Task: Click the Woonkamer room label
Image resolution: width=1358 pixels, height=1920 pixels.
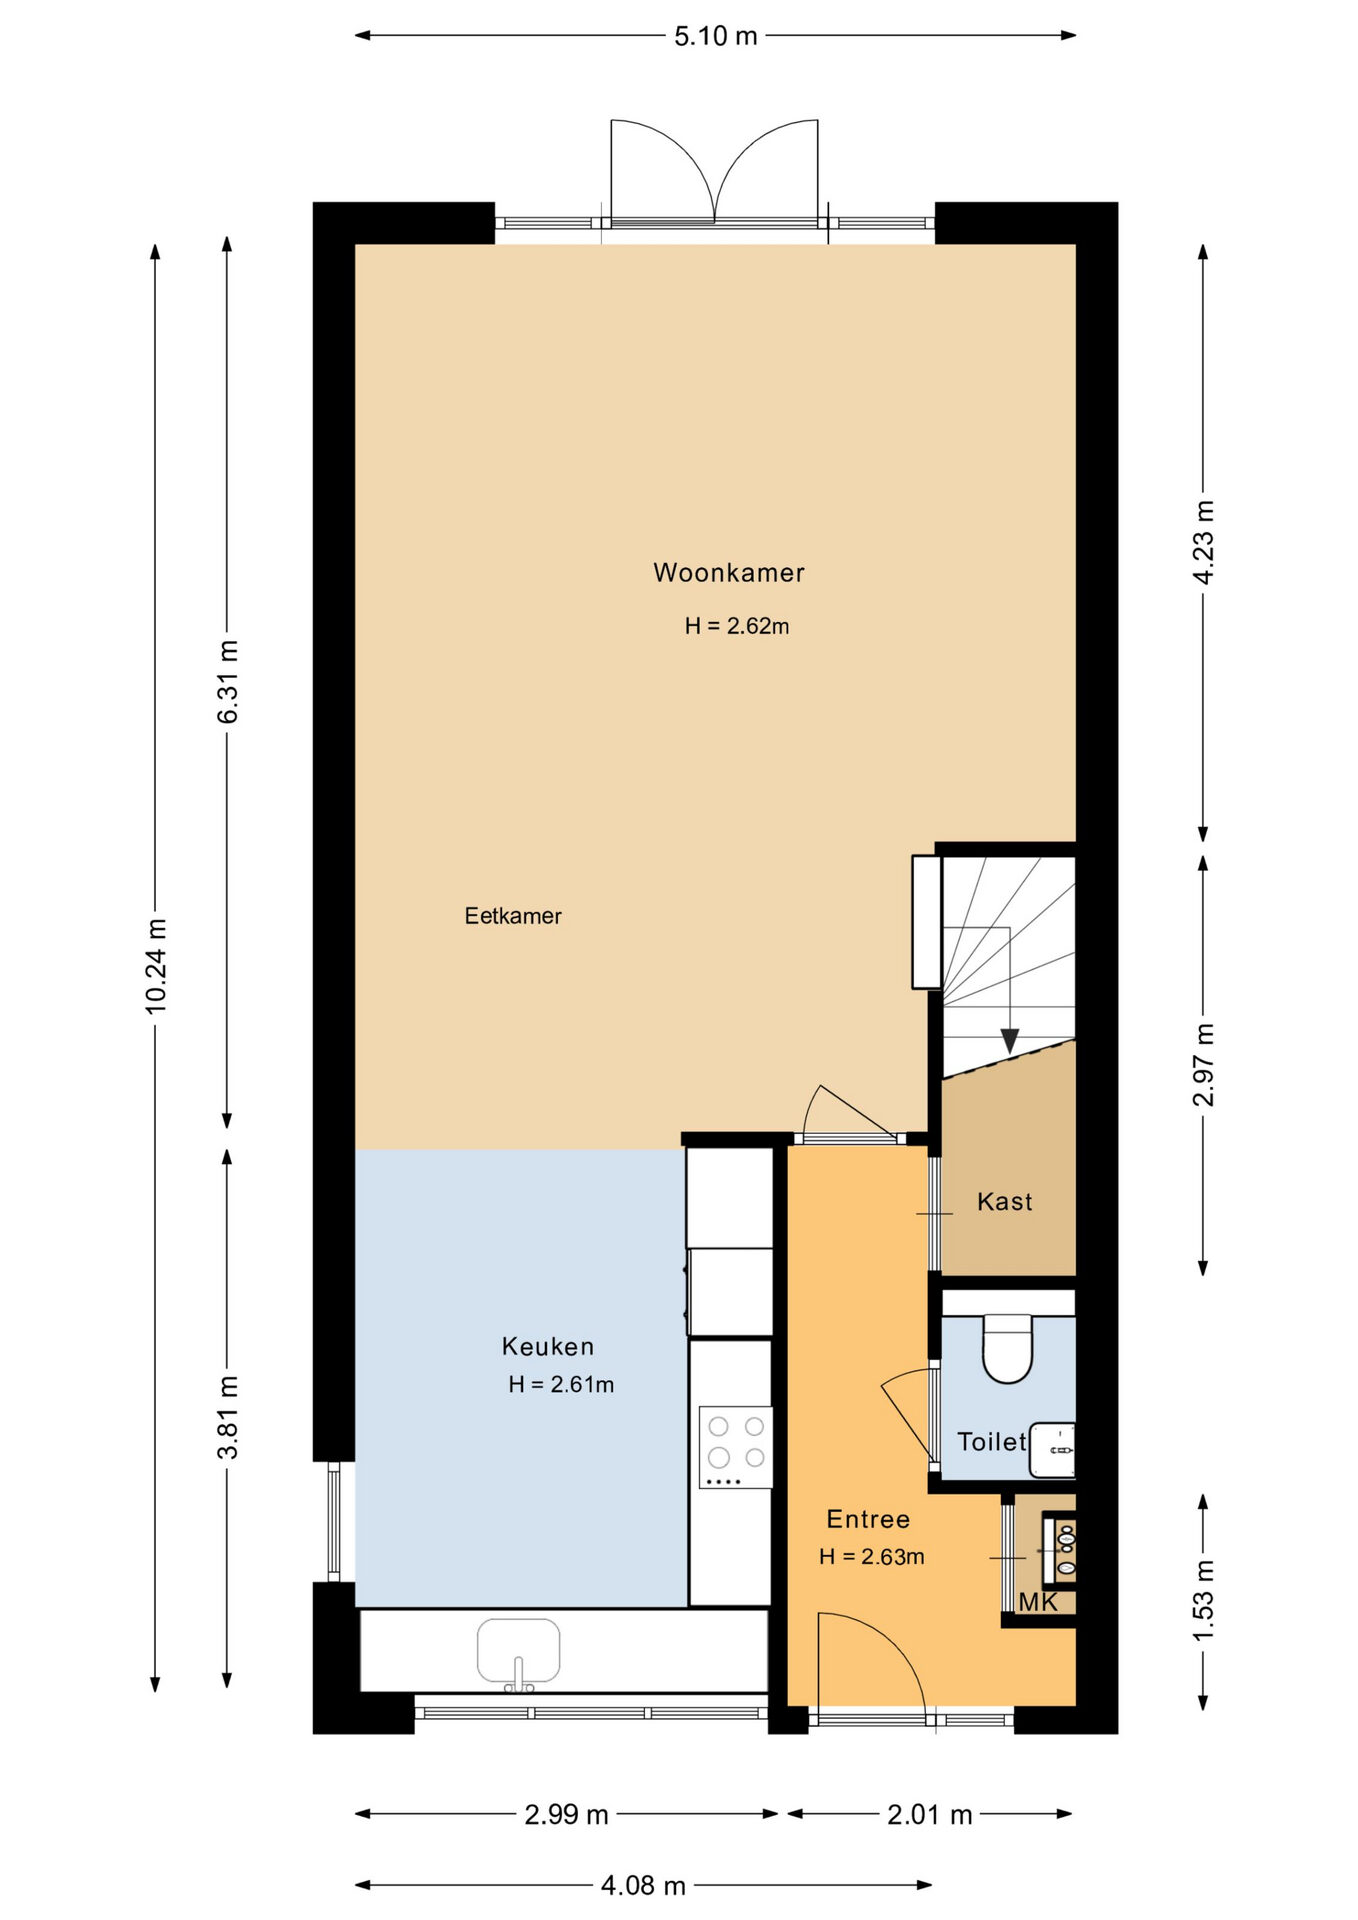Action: pyautogui.click(x=729, y=573)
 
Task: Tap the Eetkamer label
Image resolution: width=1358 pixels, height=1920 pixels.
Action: pyautogui.click(x=513, y=916)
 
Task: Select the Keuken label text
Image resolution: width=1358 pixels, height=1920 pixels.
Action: pyautogui.click(x=548, y=1346)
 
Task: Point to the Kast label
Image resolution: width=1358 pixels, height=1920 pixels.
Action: pyautogui.click(x=1005, y=1201)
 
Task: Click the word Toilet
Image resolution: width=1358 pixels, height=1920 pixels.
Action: pyautogui.click(x=992, y=1441)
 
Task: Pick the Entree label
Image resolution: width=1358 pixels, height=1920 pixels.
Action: pyautogui.click(x=868, y=1519)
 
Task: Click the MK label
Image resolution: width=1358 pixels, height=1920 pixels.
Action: pyautogui.click(x=1038, y=1602)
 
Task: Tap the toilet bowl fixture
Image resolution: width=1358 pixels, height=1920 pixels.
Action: pyautogui.click(x=1007, y=1349)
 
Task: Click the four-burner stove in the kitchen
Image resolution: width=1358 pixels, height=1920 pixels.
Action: pyautogui.click(x=736, y=1447)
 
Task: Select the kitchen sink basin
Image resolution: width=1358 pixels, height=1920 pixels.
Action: pyautogui.click(x=518, y=1652)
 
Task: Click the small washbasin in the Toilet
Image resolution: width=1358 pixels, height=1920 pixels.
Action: pyautogui.click(x=1053, y=1449)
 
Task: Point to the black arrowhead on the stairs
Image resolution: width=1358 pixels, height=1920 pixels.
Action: pyautogui.click(x=1010, y=1041)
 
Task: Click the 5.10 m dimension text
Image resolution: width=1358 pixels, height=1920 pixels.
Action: pyautogui.click(x=716, y=36)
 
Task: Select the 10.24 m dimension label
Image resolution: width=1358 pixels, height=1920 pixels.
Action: pyautogui.click(x=156, y=966)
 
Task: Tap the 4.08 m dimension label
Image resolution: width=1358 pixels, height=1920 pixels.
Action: pyautogui.click(x=643, y=1885)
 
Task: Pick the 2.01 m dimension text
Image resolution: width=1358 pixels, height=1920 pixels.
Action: pyautogui.click(x=930, y=1814)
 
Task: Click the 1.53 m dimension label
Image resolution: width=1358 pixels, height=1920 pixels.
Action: pyautogui.click(x=1203, y=1601)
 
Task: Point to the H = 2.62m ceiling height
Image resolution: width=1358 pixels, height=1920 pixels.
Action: pyautogui.click(x=737, y=626)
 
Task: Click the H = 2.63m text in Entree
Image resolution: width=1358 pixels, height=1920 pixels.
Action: pyautogui.click(x=871, y=1557)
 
